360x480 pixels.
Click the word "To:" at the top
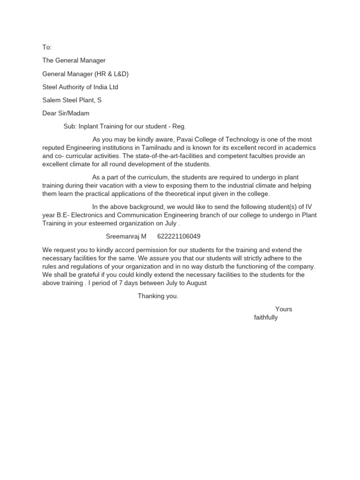(x=47, y=47)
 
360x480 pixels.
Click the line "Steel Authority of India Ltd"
(x=80, y=87)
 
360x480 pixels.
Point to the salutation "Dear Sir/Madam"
(x=66, y=113)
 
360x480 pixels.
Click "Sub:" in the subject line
(x=70, y=126)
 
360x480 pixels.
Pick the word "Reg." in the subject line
(x=180, y=126)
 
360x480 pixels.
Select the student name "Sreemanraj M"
(x=126, y=236)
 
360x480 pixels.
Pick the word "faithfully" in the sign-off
(x=266, y=317)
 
